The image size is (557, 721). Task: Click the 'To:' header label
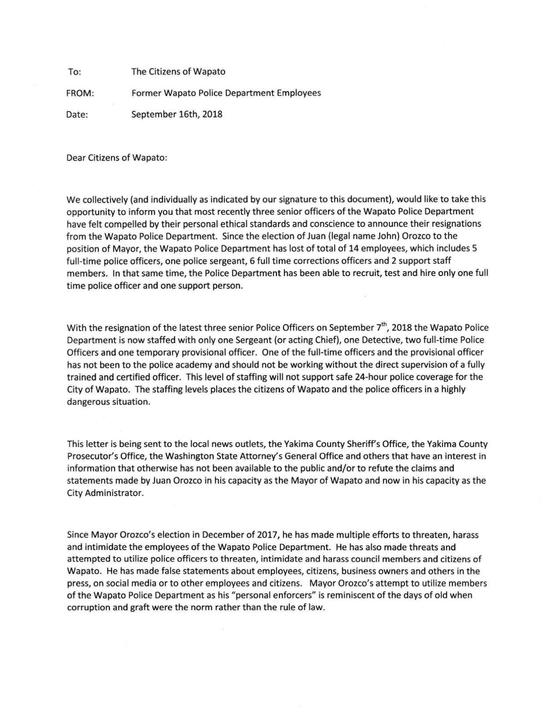(x=74, y=71)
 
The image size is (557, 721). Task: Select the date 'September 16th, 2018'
(x=177, y=114)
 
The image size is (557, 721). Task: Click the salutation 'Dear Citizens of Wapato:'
(x=117, y=158)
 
